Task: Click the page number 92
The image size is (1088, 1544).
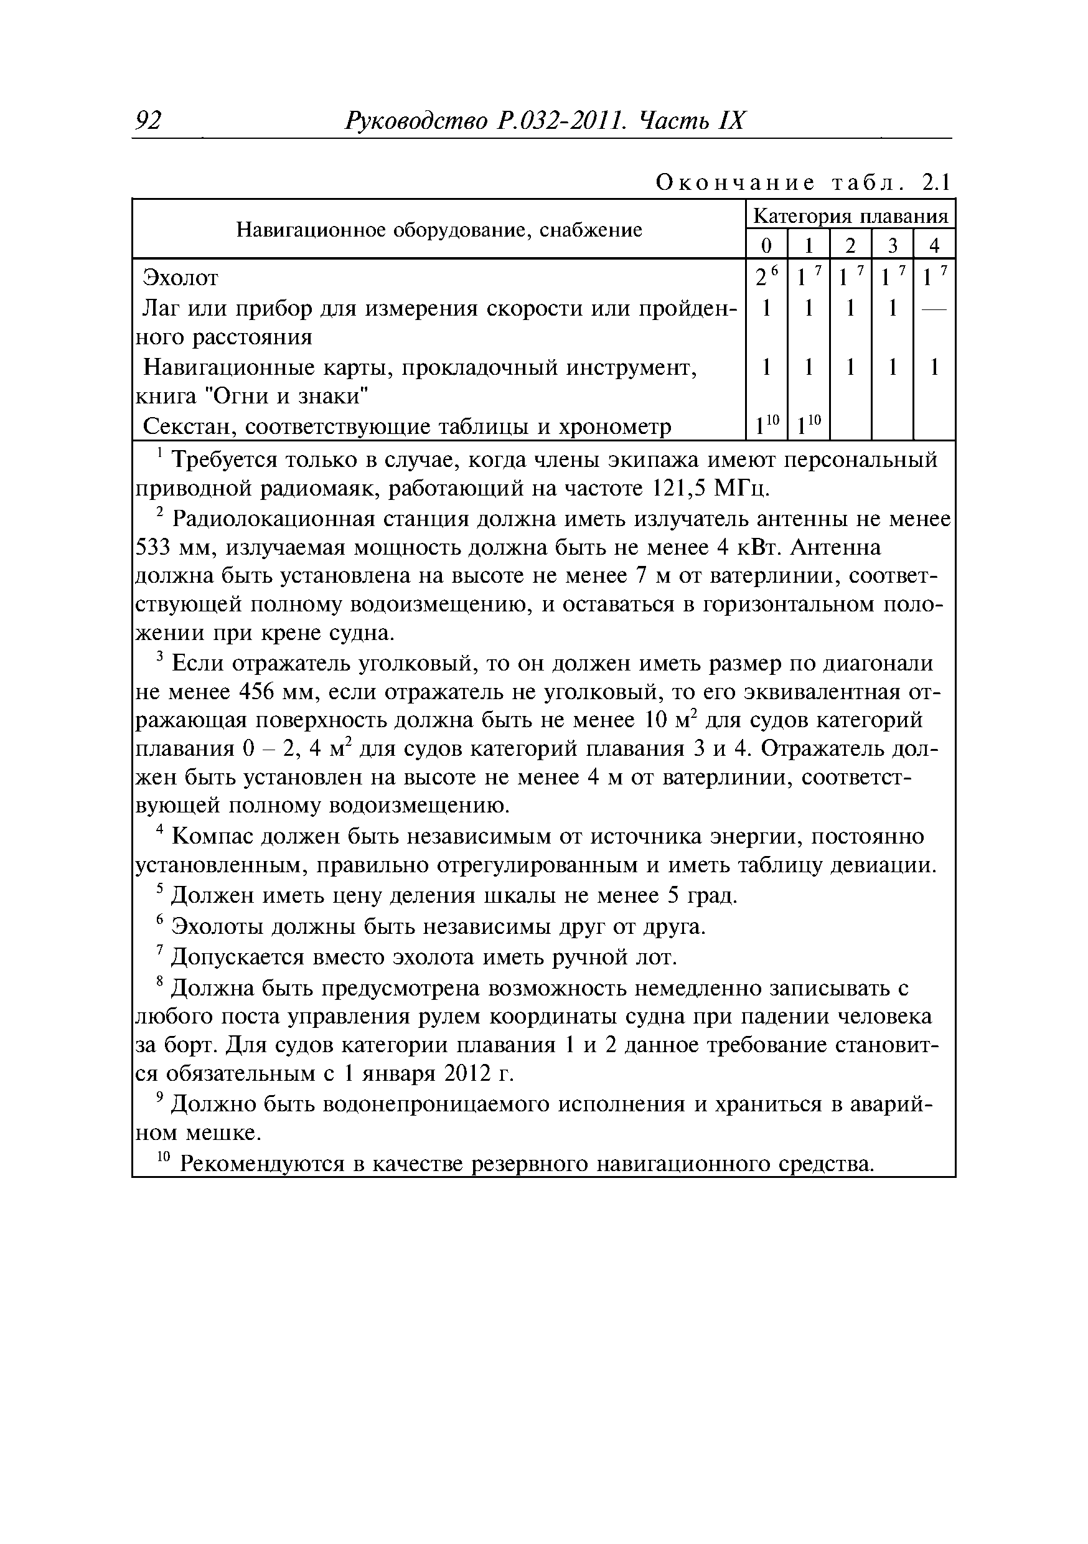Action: [x=148, y=121]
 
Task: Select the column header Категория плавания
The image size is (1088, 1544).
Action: [x=850, y=217]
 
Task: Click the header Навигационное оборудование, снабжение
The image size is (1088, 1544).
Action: [x=439, y=230]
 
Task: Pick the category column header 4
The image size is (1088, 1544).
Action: [x=934, y=245]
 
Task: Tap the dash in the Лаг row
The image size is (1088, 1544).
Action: [x=934, y=309]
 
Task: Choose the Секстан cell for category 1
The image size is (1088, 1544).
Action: [x=807, y=426]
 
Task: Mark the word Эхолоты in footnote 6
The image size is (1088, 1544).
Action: [x=218, y=926]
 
